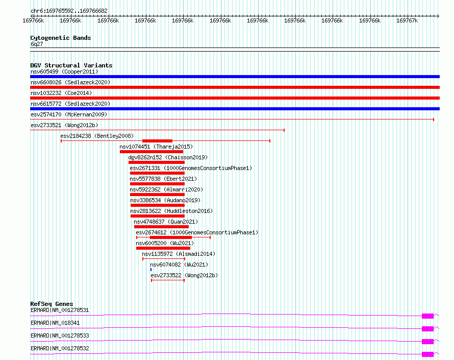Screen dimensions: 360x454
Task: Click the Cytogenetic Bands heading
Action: (60, 38)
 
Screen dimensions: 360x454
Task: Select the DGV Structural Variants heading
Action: (71, 65)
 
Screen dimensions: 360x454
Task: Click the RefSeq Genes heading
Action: (52, 304)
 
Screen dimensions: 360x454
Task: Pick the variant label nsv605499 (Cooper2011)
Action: (64, 71)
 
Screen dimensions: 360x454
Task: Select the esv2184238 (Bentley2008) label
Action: (96, 136)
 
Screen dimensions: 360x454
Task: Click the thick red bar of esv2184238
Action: (157, 141)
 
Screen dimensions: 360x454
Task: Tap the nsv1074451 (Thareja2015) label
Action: (156, 147)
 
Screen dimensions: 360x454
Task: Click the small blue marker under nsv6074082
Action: (151, 270)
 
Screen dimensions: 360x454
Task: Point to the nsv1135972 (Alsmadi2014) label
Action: (179, 254)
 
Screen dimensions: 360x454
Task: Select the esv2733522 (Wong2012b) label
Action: (184, 275)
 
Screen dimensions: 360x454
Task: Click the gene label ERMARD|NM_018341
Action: (55, 323)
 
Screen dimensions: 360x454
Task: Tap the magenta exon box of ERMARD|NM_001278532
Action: (427, 354)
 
